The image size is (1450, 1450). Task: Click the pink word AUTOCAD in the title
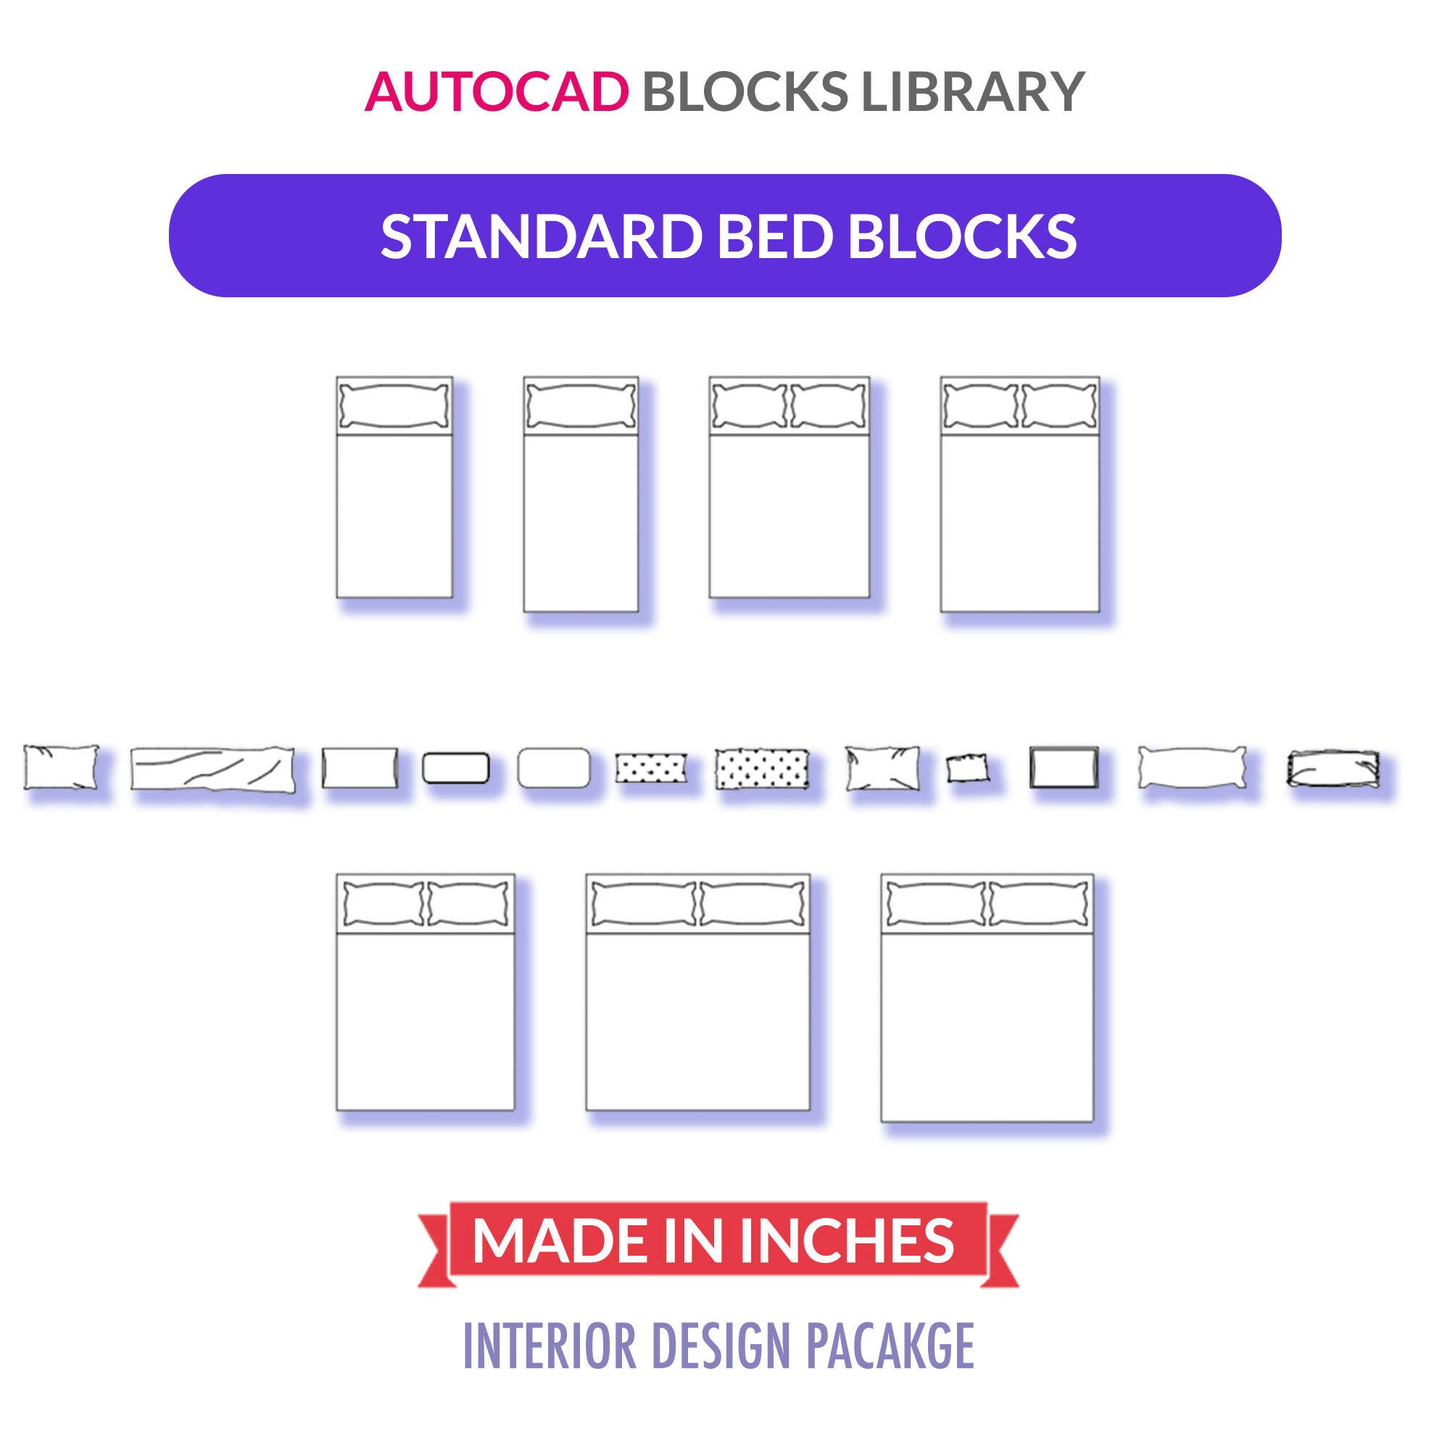pyautogui.click(x=497, y=91)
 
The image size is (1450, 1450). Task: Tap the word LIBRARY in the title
pyautogui.click(x=973, y=91)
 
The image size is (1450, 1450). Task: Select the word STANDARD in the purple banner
pyautogui.click(x=541, y=236)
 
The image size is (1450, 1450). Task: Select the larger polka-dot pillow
pyautogui.click(x=762, y=768)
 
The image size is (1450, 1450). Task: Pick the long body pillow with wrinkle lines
pyautogui.click(x=212, y=768)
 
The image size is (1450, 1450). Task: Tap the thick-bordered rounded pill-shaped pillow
pyautogui.click(x=455, y=768)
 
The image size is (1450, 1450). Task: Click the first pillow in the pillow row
pyautogui.click(x=61, y=767)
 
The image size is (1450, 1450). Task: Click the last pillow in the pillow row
pyautogui.click(x=1333, y=768)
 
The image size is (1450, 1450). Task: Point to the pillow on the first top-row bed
pyautogui.click(x=394, y=406)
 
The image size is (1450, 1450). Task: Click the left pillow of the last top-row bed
pyautogui.click(x=980, y=406)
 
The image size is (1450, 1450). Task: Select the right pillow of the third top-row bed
pyautogui.click(x=828, y=406)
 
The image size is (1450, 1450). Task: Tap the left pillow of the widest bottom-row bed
pyautogui.click(x=936, y=904)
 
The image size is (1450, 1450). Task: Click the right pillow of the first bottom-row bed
pyautogui.click(x=468, y=904)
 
